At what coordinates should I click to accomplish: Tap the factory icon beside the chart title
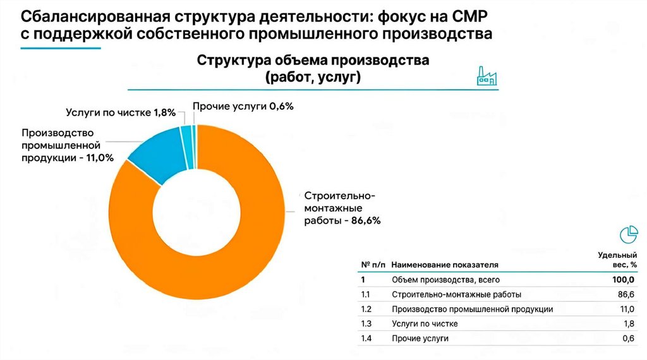coord(486,76)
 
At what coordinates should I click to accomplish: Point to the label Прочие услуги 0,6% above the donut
coord(243,106)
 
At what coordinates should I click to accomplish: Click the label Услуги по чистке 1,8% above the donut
coord(120,113)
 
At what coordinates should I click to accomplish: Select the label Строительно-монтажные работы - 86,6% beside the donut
coord(341,208)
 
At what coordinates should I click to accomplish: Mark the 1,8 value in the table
coord(629,324)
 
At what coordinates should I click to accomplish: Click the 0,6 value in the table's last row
coord(628,339)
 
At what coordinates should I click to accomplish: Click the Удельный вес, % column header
coord(617,260)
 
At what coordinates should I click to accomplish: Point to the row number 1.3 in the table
coord(366,324)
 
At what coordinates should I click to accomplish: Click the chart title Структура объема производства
coord(313,61)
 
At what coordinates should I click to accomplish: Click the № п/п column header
coord(373,265)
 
